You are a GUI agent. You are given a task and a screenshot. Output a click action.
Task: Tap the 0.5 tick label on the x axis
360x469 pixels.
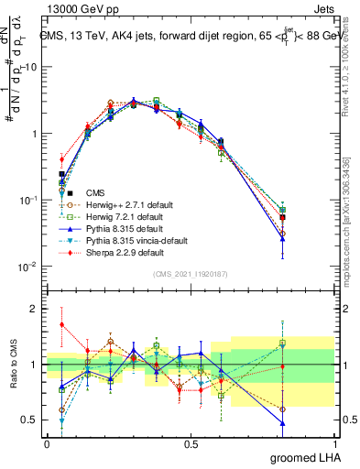coord(191,442)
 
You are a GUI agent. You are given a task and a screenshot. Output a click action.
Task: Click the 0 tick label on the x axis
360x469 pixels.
coord(47,442)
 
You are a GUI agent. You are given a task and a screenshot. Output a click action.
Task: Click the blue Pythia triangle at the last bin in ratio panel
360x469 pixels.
coord(282,423)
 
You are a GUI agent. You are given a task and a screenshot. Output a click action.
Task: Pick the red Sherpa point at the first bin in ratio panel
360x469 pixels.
coord(62,324)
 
